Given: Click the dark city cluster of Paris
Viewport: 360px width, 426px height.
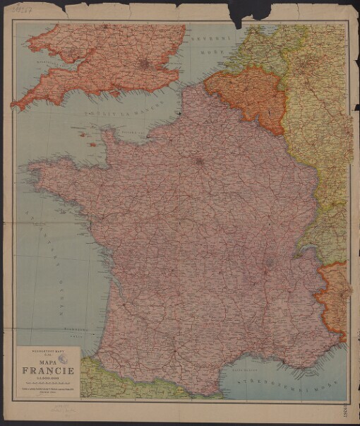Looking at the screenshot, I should point(198,161).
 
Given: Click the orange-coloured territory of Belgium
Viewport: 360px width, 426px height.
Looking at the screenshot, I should point(244,95).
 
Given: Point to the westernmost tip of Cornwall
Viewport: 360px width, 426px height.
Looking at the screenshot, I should point(14,106).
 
